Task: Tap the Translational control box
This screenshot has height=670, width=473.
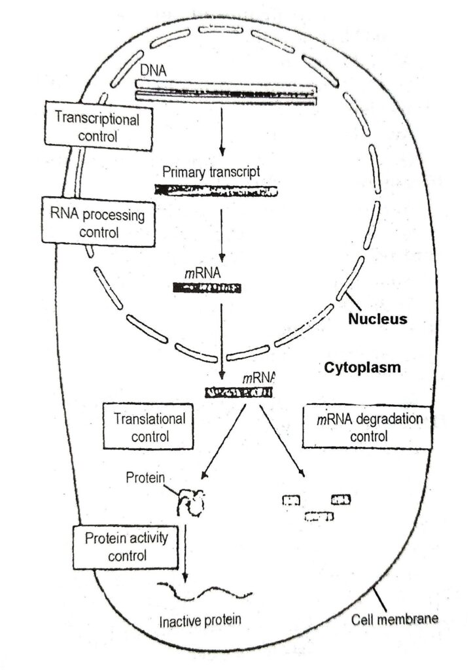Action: (150, 427)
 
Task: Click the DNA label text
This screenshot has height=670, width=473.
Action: (151, 70)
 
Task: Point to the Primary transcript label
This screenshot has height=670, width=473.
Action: (211, 172)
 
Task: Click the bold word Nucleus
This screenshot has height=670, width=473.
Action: (377, 320)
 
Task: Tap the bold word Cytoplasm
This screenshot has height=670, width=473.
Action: (362, 368)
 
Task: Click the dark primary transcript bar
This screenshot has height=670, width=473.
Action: (215, 190)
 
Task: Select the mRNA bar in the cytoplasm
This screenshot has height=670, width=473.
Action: (239, 393)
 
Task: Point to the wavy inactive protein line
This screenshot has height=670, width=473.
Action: (208, 591)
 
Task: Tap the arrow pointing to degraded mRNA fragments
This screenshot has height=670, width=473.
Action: (283, 441)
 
